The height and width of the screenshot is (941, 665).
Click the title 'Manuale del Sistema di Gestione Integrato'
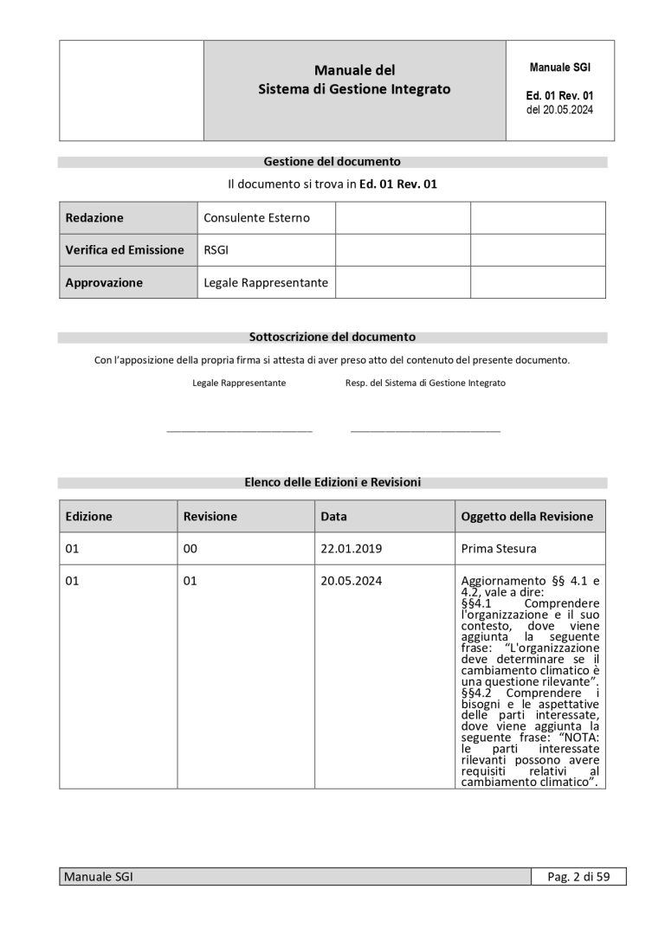[354, 80]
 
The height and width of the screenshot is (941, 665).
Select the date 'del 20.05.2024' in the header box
[559, 110]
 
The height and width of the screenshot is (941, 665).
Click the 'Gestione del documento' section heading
[332, 161]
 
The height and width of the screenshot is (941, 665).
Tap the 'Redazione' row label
[94, 218]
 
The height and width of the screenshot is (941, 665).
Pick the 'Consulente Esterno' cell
[256, 218]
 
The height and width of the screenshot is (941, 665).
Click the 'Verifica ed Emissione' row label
[125, 250]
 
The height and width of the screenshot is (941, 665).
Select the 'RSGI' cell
[216, 250]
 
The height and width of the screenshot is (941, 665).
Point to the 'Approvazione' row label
[104, 282]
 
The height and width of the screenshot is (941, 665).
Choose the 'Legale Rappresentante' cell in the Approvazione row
[266, 282]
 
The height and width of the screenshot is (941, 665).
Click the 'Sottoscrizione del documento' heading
[332, 337]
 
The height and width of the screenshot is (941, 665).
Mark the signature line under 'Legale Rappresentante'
[239, 429]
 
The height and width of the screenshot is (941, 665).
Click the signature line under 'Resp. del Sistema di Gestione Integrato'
[425, 429]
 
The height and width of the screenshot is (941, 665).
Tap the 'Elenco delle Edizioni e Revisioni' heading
[332, 482]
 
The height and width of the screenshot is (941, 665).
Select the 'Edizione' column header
[89, 516]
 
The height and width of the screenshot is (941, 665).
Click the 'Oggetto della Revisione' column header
[526, 516]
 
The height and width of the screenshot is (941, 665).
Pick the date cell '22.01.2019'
[351, 548]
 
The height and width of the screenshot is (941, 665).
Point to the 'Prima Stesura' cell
[499, 548]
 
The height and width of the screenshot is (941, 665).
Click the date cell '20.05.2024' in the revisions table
[351, 581]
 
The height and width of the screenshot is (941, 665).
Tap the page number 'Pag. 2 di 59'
[578, 877]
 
